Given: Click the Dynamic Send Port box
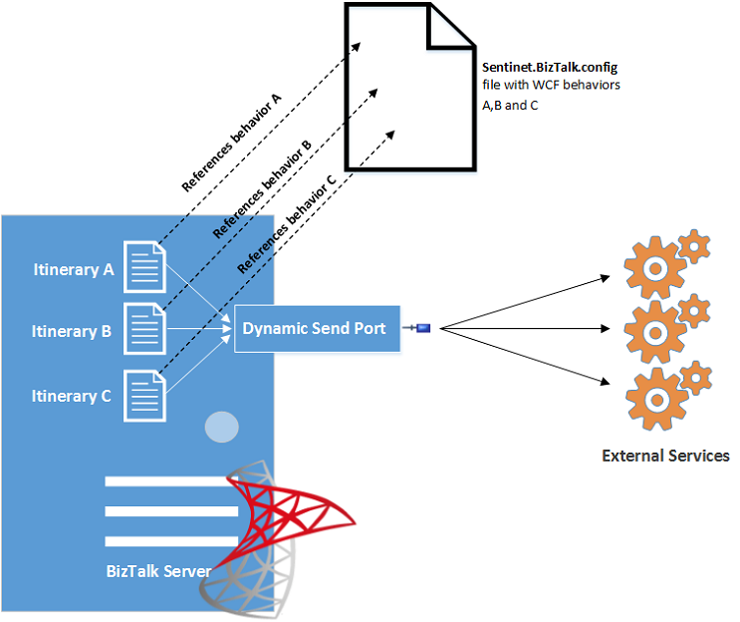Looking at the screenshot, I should tap(317, 329).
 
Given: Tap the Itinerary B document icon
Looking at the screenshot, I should tap(144, 329).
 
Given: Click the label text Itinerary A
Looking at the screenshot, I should tap(72, 268).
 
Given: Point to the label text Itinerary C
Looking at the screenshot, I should tap(72, 396).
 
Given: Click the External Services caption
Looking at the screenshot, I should tap(665, 457).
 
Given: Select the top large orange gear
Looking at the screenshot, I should tap(653, 267).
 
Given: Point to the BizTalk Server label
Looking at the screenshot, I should tap(158, 571).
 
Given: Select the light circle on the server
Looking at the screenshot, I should tap(221, 427).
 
